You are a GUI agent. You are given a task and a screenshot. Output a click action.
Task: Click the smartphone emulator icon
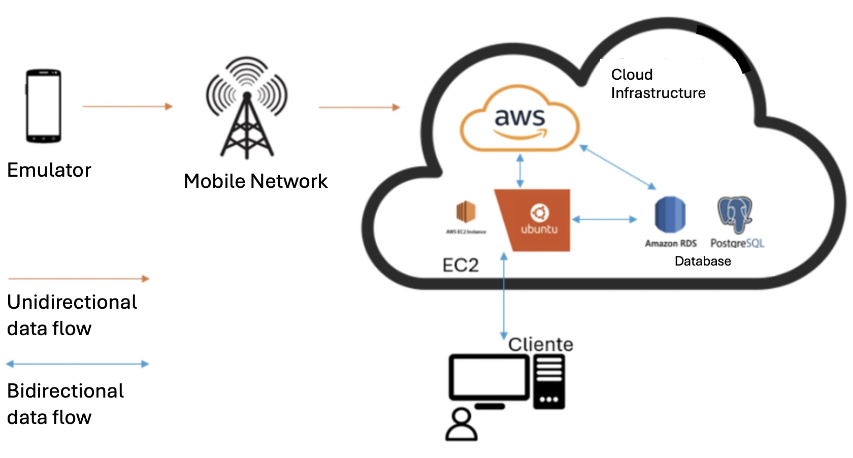(x=44, y=106)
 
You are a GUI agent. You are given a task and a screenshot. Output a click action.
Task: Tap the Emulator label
(x=49, y=170)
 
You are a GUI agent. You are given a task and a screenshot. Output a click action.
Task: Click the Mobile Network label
(x=255, y=181)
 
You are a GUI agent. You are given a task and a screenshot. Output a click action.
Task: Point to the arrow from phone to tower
(x=127, y=107)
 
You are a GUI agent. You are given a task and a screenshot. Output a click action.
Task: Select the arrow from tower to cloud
(x=359, y=107)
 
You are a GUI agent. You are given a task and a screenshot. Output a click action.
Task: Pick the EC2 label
(x=461, y=265)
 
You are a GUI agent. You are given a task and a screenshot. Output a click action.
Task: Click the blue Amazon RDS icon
(x=670, y=214)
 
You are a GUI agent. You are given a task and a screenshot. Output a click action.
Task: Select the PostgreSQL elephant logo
(x=735, y=214)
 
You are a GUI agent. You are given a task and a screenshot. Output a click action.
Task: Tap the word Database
(x=703, y=261)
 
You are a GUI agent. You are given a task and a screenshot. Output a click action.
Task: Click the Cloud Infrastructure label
(x=658, y=84)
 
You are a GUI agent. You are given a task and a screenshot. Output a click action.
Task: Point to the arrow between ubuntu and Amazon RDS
(x=604, y=219)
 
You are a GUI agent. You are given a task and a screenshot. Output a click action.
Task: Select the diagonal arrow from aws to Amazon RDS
(x=617, y=167)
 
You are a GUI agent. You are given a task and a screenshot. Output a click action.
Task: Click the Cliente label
(x=541, y=344)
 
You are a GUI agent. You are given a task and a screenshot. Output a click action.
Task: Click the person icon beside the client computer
(x=462, y=426)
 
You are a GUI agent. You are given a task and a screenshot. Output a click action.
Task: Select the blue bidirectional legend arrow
(x=77, y=364)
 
